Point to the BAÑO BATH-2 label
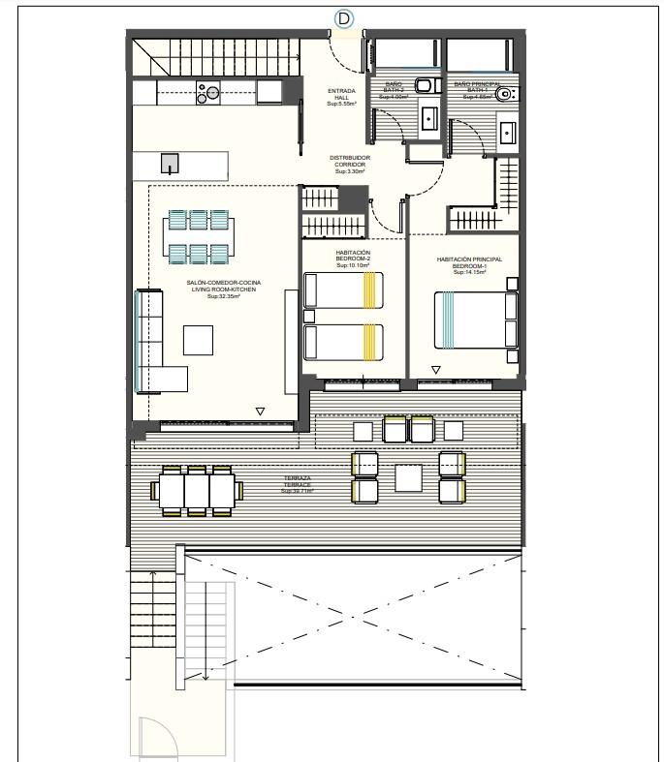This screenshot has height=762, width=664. click(394, 91)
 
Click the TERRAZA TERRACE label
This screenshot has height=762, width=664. click(297, 487)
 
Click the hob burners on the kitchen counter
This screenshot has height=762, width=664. click(208, 92)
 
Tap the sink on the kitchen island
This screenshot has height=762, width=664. click(171, 163)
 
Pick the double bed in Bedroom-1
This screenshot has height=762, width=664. click(475, 320)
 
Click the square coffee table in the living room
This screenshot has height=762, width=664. click(198, 340)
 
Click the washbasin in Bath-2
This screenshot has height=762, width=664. click(429, 118)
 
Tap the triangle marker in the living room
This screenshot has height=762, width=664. click(259, 411)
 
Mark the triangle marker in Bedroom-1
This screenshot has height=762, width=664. click(436, 369)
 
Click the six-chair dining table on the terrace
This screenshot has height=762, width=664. click(197, 490)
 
